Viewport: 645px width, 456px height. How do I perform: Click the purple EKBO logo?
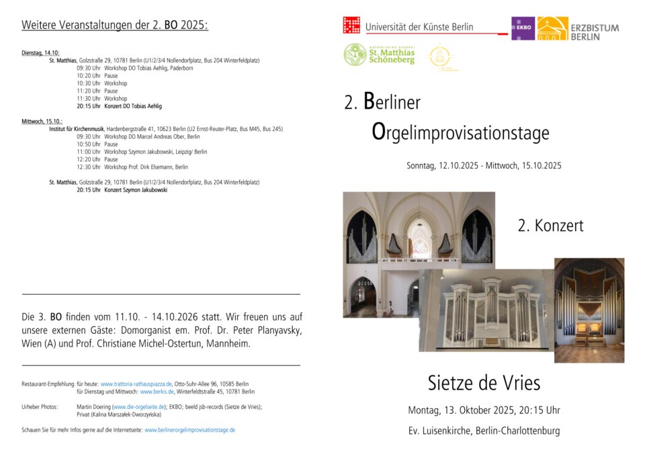(x=523, y=28)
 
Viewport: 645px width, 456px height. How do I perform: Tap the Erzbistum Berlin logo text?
(x=595, y=32)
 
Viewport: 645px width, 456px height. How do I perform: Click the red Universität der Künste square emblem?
(x=351, y=26)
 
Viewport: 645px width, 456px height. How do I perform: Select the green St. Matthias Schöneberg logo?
(x=380, y=55)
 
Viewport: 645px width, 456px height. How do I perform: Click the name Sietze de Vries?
(x=484, y=383)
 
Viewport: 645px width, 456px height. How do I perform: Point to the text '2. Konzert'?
(x=550, y=226)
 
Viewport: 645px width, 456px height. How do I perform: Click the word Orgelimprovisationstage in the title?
(x=460, y=132)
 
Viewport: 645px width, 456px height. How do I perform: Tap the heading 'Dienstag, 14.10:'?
(x=40, y=52)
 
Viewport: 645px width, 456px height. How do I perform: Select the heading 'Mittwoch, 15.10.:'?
(x=42, y=122)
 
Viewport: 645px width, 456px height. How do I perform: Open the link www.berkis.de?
(x=157, y=392)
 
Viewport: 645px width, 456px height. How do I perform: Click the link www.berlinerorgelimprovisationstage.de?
(x=190, y=430)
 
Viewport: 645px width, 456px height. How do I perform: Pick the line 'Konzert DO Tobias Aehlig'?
(x=133, y=106)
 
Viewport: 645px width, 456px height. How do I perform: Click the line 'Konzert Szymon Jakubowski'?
(x=136, y=190)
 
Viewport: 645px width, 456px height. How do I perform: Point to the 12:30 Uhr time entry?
(x=89, y=167)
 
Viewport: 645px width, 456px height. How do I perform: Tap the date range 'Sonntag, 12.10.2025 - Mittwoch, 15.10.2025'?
(x=484, y=165)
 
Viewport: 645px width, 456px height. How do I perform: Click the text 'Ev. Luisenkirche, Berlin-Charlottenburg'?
(x=484, y=430)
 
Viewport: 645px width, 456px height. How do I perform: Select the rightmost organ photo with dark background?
(x=589, y=310)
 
